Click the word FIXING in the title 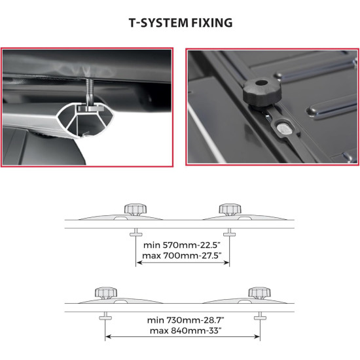pyautogui.click(x=211, y=23)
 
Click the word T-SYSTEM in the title pyautogui.click(x=158, y=23)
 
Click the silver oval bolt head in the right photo pyautogui.click(x=284, y=129)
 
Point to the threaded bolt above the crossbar pyautogui.click(x=90, y=92)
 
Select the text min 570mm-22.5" pyautogui.click(x=181, y=245)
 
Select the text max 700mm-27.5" pyautogui.click(x=181, y=255)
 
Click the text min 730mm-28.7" pyautogui.click(x=185, y=320)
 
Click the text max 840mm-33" pyautogui.click(x=185, y=331)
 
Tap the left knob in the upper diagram pyautogui.click(x=135, y=209)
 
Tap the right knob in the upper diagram pyautogui.click(x=230, y=209)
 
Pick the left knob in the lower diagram pyautogui.click(x=106, y=293)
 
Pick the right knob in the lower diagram pyautogui.click(x=259, y=293)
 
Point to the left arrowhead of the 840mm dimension pyautogui.click(x=108, y=337)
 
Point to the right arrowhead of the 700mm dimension pyautogui.click(x=226, y=262)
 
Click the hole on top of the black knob pyautogui.click(x=262, y=82)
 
